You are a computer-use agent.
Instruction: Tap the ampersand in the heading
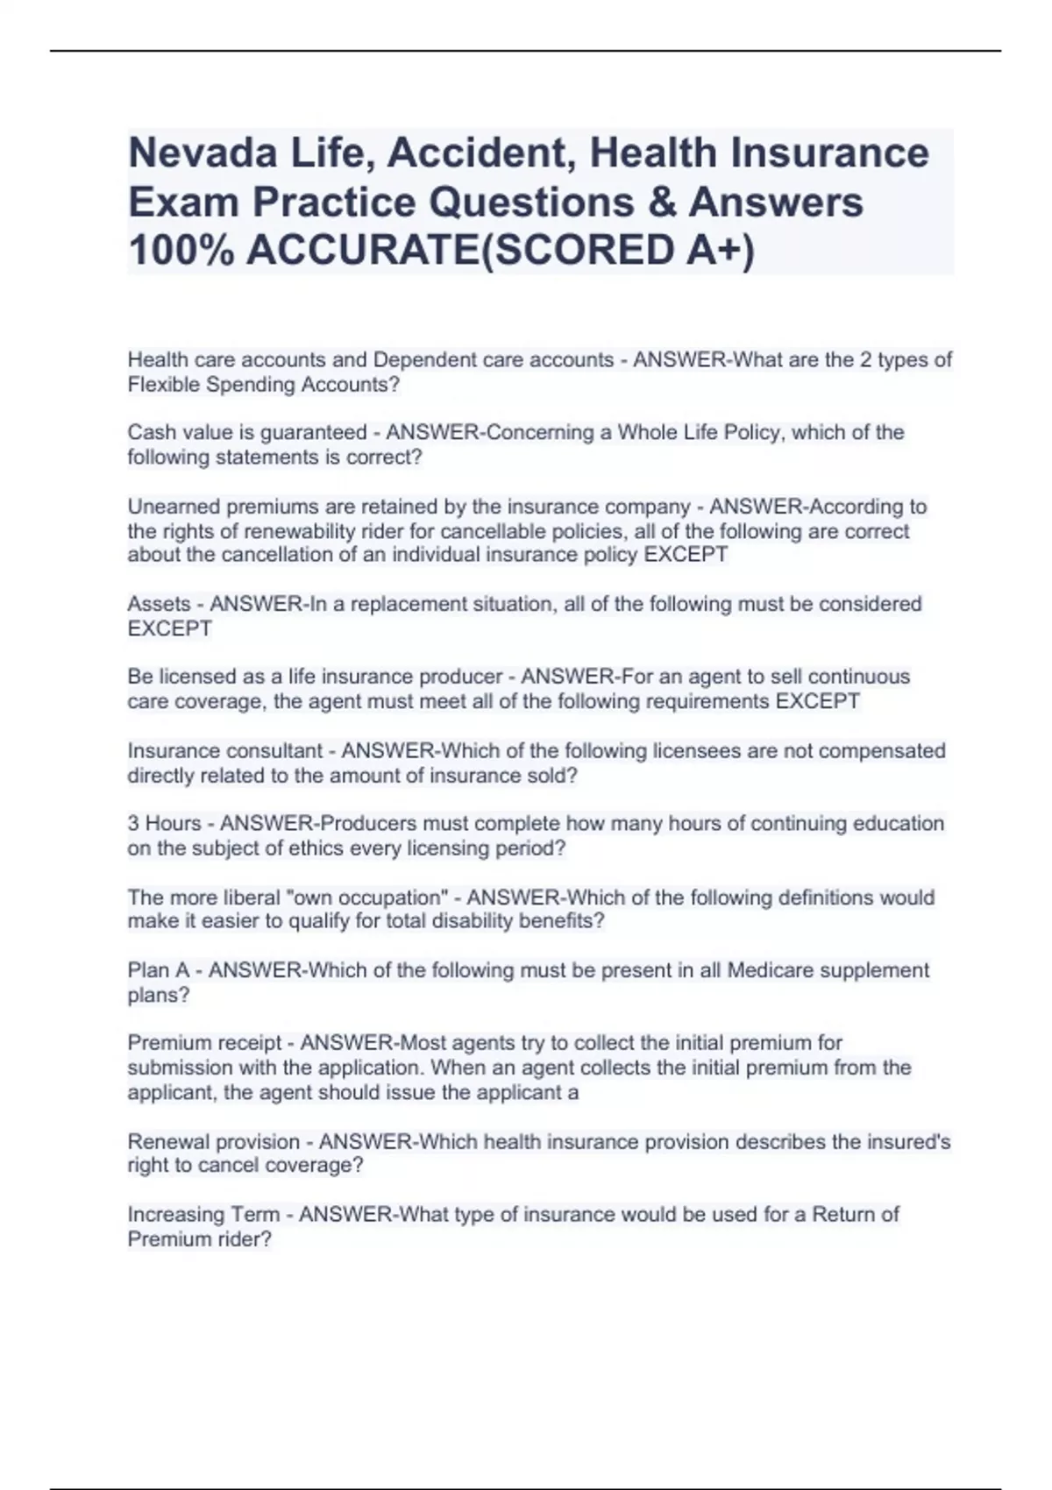(x=665, y=202)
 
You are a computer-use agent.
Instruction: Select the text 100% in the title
(x=181, y=251)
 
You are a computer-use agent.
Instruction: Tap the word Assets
(x=159, y=604)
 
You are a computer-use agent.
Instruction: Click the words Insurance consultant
(x=225, y=751)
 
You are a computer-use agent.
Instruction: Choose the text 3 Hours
(x=164, y=824)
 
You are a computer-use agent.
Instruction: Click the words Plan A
(x=159, y=970)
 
